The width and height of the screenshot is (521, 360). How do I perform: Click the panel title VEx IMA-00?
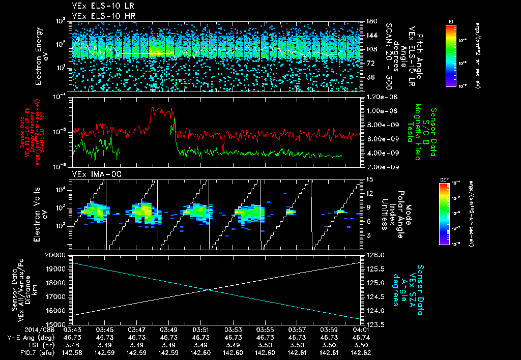point(92,174)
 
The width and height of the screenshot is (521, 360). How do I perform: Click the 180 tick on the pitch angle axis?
point(370,21)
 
